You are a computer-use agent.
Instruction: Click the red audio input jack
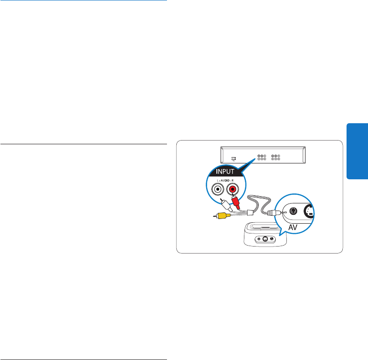(x=232, y=190)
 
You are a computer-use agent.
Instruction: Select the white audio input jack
(x=217, y=190)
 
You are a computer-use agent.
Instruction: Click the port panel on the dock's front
(x=265, y=240)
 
